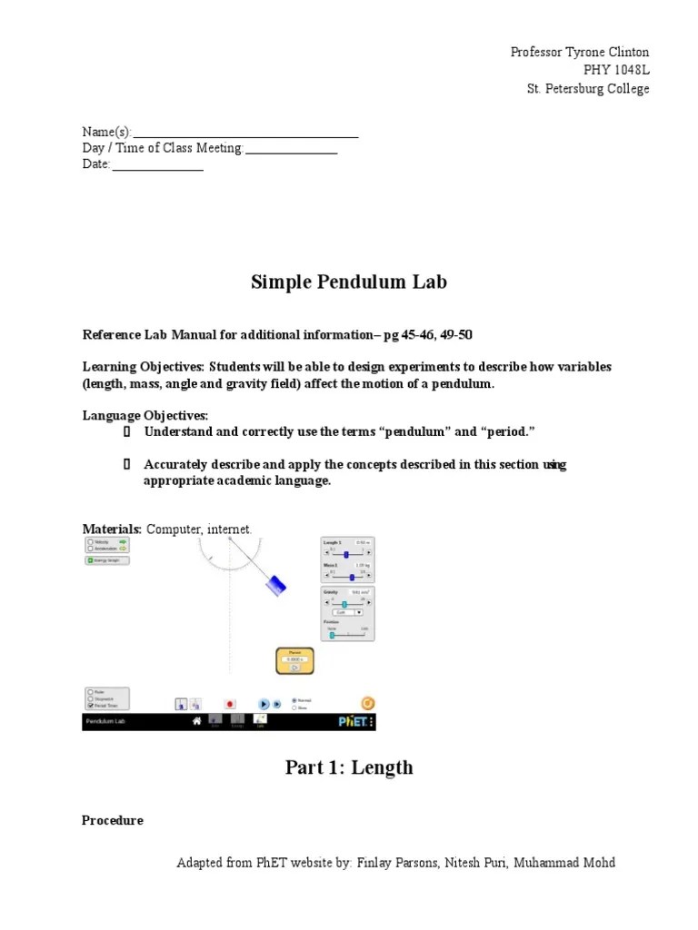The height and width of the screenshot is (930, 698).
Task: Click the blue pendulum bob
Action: (x=275, y=585)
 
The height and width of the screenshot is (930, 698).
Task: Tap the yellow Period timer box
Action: (x=294, y=660)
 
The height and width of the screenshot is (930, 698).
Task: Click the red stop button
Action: (x=230, y=703)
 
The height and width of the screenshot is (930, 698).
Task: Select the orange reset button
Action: (x=367, y=703)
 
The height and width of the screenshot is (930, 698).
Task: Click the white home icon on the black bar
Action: (x=195, y=721)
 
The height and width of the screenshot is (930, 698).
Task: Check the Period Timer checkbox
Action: (x=90, y=705)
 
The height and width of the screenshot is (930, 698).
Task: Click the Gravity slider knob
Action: (x=344, y=604)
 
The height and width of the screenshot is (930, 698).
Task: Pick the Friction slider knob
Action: (x=332, y=635)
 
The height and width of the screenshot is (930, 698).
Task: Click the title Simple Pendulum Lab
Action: (x=349, y=282)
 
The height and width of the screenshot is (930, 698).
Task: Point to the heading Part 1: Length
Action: (x=349, y=767)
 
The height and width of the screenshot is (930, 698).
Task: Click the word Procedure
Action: (x=113, y=820)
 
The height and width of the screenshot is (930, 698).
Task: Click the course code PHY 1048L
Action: (x=616, y=71)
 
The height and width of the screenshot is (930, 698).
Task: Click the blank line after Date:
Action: (x=158, y=165)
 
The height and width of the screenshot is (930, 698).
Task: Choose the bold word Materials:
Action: (x=112, y=529)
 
